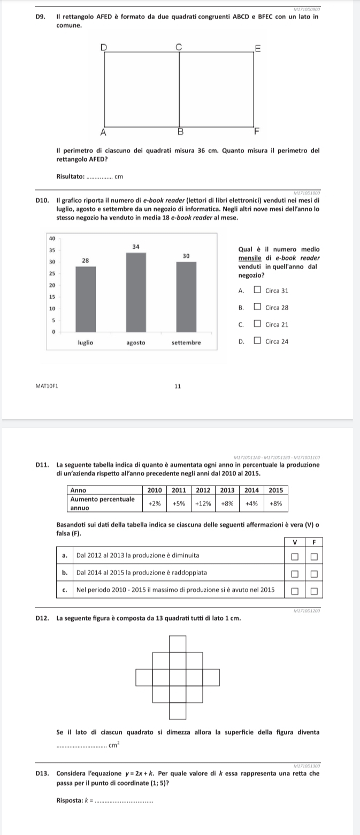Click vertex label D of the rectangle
point(104,48)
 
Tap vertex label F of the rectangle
point(256,131)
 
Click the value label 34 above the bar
point(136,246)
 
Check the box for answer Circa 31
point(258,291)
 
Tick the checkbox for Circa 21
point(258,324)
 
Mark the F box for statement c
point(314,591)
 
